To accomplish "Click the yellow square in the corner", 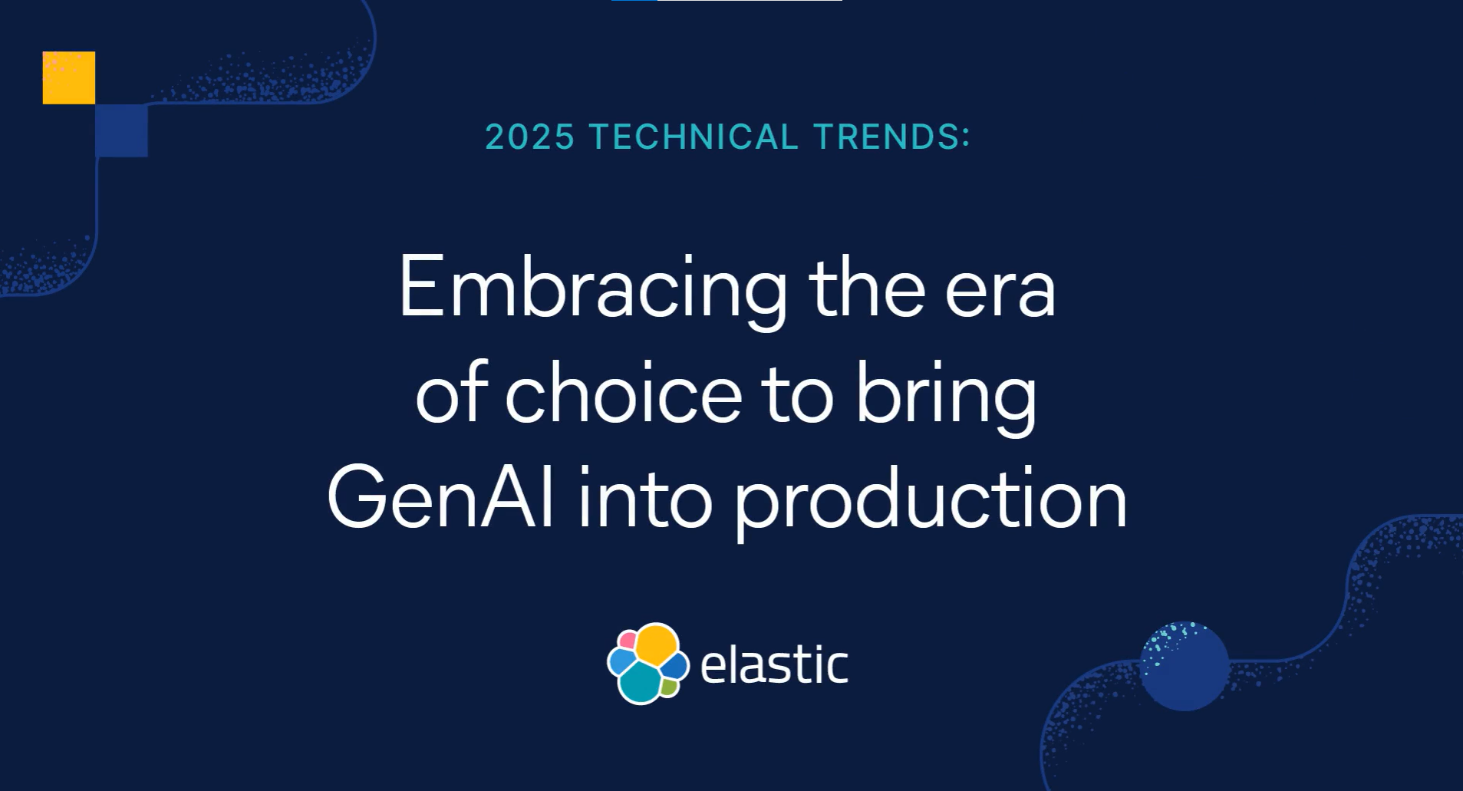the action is click(69, 77).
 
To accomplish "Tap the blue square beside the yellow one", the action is click(122, 130).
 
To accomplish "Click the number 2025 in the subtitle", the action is click(530, 137).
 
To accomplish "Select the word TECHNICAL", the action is click(694, 137).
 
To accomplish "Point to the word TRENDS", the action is click(892, 137).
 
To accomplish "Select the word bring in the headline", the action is click(946, 397).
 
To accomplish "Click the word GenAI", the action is click(440, 499).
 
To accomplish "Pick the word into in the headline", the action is click(645, 499).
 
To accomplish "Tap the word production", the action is click(931, 503).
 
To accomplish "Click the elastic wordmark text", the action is click(774, 664).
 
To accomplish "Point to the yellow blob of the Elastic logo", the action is click(657, 645).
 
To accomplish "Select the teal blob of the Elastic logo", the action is click(640, 682).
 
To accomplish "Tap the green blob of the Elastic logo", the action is click(670, 687).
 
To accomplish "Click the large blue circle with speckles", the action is click(1185, 666).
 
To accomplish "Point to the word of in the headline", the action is click(451, 391).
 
